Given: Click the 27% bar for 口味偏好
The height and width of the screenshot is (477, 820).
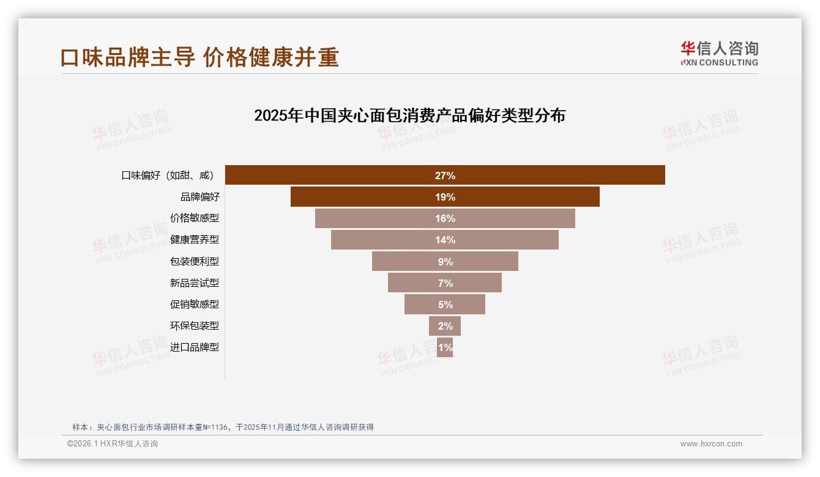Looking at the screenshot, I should click(445, 175).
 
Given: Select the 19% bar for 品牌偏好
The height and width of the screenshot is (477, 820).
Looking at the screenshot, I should click(445, 197).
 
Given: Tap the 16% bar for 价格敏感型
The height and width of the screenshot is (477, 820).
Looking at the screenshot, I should click(445, 218).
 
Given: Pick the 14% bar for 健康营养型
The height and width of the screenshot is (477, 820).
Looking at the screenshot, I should click(445, 240).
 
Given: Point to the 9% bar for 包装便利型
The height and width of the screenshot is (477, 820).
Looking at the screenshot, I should click(445, 261).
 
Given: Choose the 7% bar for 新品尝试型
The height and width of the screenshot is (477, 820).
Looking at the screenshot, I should click(445, 283).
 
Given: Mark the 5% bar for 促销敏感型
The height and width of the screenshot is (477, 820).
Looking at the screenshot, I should click(445, 304).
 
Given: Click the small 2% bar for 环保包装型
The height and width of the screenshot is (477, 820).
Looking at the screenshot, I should click(445, 325).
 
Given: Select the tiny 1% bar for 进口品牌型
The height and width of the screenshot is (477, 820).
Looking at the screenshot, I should click(445, 347).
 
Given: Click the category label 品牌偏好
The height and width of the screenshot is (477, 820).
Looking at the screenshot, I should click(199, 197).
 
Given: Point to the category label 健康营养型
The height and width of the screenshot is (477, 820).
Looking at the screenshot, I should click(194, 240).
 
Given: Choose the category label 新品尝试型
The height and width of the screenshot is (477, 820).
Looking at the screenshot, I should click(194, 283).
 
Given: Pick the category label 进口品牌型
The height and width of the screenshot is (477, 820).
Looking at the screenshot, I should click(194, 347).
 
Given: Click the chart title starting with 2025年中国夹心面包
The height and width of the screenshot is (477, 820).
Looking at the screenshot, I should click(409, 116).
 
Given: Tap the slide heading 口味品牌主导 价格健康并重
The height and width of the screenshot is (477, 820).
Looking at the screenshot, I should click(199, 57).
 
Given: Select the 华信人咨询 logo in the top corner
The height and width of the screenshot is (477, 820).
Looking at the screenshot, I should click(719, 53).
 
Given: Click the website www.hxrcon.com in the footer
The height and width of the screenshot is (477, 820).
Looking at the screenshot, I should click(711, 444).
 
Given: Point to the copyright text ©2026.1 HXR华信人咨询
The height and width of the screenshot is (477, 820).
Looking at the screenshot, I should click(113, 444).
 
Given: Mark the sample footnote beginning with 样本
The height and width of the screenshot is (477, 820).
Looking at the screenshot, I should click(223, 427).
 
